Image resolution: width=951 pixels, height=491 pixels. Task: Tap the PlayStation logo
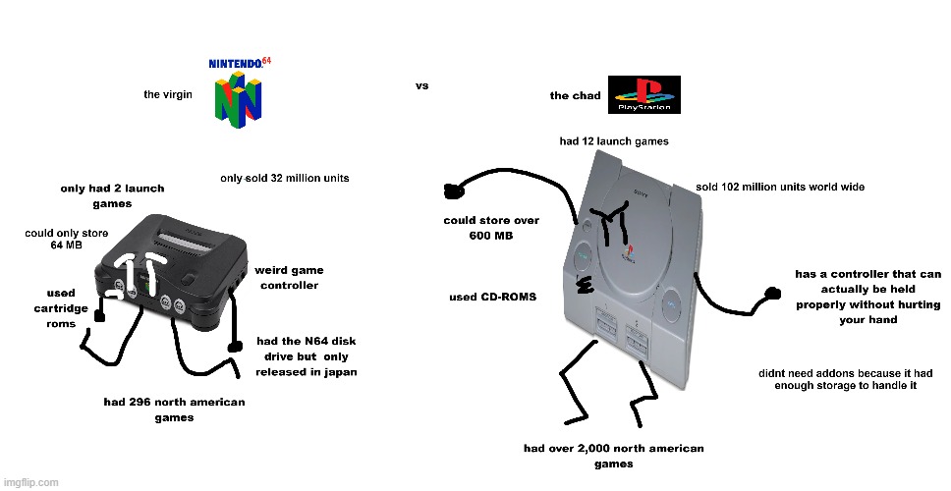pyautogui.click(x=644, y=95)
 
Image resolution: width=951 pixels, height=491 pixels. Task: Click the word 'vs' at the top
pyautogui.click(x=421, y=86)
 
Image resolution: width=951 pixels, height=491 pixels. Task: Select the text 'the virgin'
pyautogui.click(x=167, y=95)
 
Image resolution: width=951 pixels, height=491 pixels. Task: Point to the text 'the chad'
pyautogui.click(x=575, y=96)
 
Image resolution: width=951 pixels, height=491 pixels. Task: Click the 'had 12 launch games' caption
pyautogui.click(x=614, y=141)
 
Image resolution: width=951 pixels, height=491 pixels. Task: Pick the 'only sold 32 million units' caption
pyautogui.click(x=284, y=179)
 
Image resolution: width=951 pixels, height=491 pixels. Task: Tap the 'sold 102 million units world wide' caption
pyautogui.click(x=779, y=187)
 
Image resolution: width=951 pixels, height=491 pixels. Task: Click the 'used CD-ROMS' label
pyautogui.click(x=492, y=297)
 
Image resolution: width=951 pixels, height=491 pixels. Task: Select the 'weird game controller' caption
pyautogui.click(x=289, y=278)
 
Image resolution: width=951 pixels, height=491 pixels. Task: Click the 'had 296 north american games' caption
pyautogui.click(x=175, y=409)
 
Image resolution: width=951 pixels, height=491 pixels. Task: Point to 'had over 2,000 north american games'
pyautogui.click(x=613, y=456)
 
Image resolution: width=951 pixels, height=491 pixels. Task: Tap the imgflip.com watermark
pyautogui.click(x=30, y=482)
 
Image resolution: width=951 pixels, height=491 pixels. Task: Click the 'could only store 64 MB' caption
pyautogui.click(x=66, y=239)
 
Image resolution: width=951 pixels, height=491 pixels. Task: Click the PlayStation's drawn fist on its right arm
pyautogui.click(x=773, y=292)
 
